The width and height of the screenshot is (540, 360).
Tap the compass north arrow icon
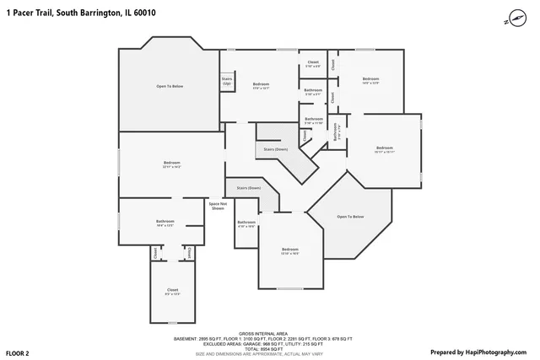coord(517,17)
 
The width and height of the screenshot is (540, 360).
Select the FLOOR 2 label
coord(18,352)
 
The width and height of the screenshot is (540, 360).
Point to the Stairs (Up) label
coord(227,81)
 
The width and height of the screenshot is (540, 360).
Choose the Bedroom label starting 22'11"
coord(172,164)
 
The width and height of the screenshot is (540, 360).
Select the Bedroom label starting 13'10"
coord(290,250)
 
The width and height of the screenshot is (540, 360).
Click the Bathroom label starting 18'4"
coord(165,223)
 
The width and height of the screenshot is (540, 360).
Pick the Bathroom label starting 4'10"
coord(246,223)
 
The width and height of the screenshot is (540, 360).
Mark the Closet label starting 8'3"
coord(173,291)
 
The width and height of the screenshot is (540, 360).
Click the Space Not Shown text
coord(218,205)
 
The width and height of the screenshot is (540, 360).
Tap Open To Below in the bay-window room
coord(170,87)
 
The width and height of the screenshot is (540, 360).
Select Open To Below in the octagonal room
coord(351,217)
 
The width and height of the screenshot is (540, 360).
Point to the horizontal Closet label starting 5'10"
coord(312,63)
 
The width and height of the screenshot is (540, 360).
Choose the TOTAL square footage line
coord(269,348)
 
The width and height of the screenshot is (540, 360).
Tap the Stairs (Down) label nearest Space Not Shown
coord(249,187)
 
